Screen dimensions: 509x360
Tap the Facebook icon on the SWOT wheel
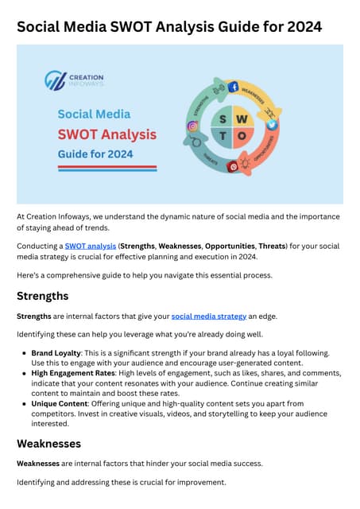[x=234, y=87]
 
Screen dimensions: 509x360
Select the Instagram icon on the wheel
[x=192, y=126]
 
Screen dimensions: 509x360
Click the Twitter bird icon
[x=271, y=126]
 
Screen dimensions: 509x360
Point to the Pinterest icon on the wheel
[x=234, y=166]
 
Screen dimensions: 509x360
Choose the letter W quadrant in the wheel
[x=242, y=118]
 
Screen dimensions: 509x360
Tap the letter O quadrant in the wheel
[x=242, y=136]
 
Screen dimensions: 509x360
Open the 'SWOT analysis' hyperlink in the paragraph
[x=90, y=247]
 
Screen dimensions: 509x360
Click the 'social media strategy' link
[x=204, y=317]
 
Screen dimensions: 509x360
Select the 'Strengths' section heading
[x=42, y=296]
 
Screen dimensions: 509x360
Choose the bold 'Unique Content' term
[x=60, y=404]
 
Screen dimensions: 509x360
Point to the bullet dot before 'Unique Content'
[x=25, y=404]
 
